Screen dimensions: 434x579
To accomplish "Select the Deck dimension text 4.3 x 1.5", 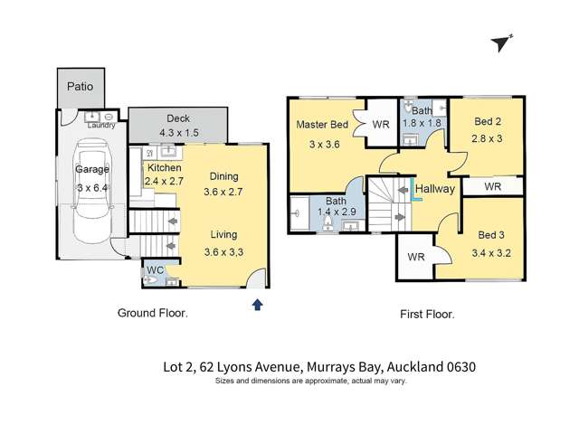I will tap(177, 132).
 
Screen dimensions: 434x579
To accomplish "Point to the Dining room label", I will tap(224, 176).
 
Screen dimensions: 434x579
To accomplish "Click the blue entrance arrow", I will tap(257, 306).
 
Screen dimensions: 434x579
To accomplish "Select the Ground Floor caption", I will tap(153, 314).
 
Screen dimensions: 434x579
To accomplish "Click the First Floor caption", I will tap(426, 315).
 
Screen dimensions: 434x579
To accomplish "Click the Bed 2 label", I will tap(485, 120).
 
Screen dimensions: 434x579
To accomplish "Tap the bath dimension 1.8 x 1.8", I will tap(422, 124).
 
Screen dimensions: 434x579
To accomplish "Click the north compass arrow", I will tap(499, 42).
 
